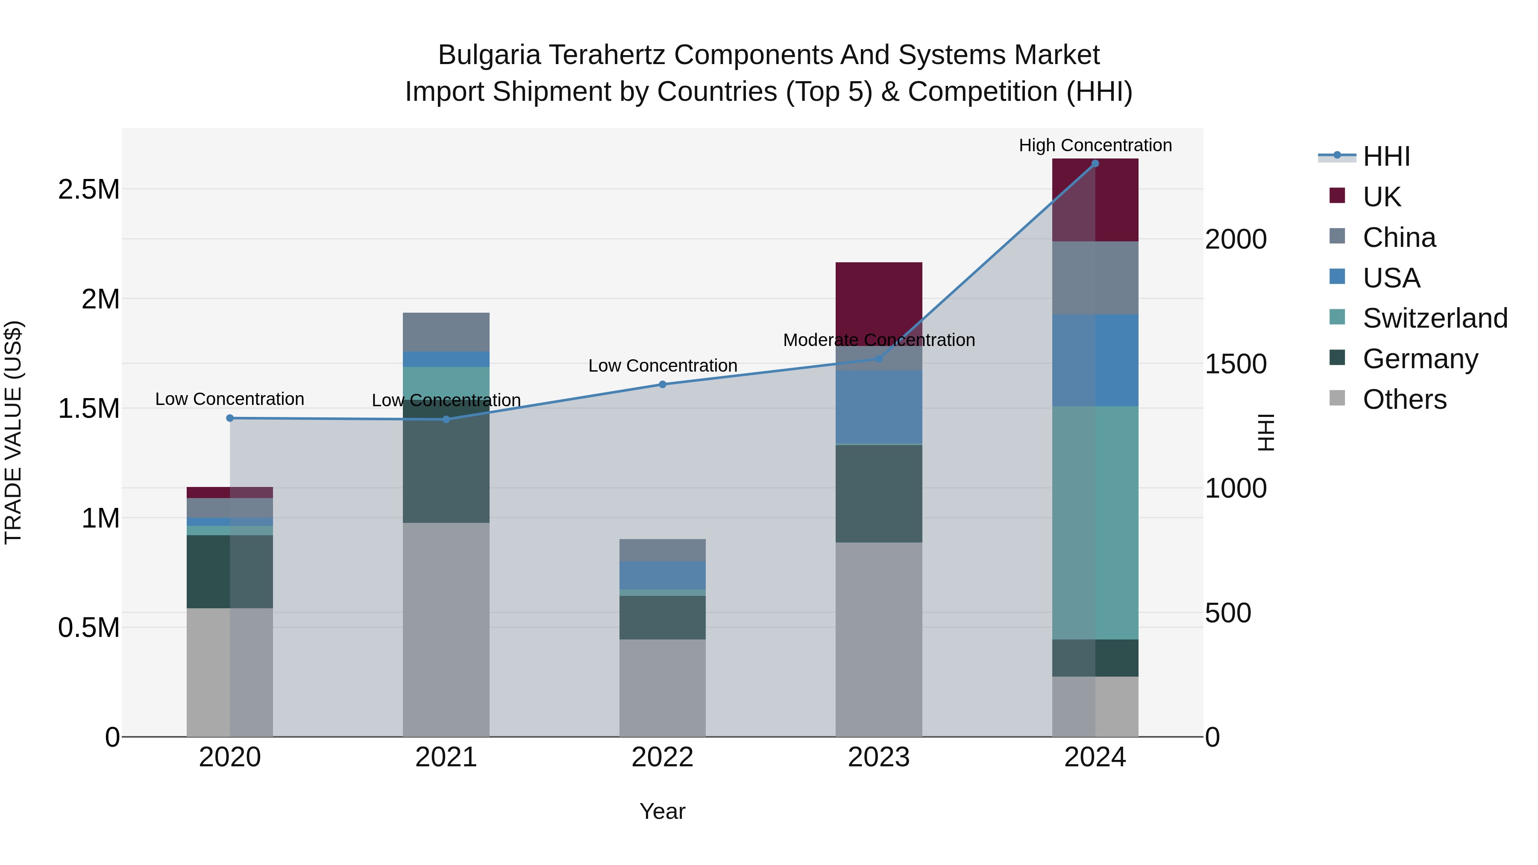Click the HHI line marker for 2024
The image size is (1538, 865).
point(1095,163)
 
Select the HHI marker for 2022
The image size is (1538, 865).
point(662,384)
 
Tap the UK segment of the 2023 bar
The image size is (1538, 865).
point(878,299)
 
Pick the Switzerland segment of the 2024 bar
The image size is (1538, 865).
point(1095,522)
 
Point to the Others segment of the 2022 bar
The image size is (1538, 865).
point(662,688)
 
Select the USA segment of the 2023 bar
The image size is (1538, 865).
point(878,407)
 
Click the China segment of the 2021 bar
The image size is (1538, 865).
point(446,332)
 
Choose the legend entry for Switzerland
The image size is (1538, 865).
point(1434,318)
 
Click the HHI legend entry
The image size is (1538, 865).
point(1386,156)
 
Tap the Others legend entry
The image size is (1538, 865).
point(1404,399)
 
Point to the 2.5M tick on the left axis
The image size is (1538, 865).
point(88,189)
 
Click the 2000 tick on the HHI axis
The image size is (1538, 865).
point(1235,239)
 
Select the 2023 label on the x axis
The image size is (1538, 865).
point(878,757)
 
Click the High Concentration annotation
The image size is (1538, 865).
point(1095,145)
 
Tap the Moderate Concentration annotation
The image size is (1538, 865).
point(878,340)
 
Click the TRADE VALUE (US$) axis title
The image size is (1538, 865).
point(13,432)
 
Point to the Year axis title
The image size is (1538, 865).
point(662,811)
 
